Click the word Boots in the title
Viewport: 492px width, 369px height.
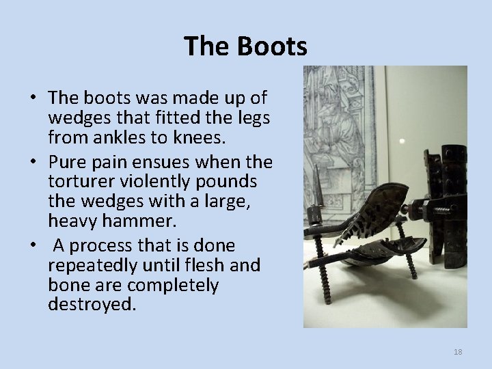(x=273, y=46)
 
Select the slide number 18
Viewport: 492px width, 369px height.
(x=458, y=352)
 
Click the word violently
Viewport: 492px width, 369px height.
(x=148, y=182)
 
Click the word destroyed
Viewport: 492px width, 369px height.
(x=92, y=303)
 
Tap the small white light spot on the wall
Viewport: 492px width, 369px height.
(x=401, y=141)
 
